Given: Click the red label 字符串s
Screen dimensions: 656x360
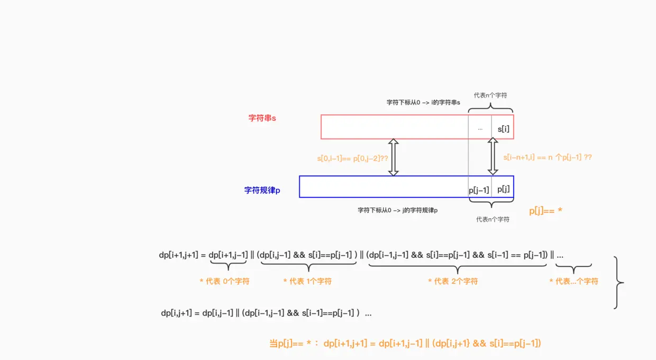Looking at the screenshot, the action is coord(262,118).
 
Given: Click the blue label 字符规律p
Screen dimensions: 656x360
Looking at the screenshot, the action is coord(262,190).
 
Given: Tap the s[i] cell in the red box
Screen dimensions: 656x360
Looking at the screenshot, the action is coord(504,129).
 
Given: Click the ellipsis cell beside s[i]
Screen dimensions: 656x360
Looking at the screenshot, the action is coord(480,129).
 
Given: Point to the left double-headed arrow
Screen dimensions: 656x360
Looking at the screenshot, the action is coord(393,157).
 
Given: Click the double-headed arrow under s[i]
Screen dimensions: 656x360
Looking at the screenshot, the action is coord(493,157).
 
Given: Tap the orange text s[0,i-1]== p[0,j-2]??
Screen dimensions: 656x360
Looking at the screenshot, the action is coord(352,158).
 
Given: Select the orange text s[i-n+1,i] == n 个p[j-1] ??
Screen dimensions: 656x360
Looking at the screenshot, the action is coord(548,157).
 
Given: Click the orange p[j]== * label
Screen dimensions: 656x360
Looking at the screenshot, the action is coord(545,211).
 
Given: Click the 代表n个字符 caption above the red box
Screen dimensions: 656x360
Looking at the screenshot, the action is coord(490,95).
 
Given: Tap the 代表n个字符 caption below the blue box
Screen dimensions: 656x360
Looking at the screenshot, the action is coord(493,219).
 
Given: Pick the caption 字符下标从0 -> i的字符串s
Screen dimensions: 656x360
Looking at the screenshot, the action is coord(423,103).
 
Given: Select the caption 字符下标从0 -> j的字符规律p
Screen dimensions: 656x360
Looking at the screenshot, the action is coord(398,210).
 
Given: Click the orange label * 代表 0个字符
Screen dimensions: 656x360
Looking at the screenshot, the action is coord(224,281).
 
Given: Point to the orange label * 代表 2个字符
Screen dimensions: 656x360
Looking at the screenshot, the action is coord(453,281).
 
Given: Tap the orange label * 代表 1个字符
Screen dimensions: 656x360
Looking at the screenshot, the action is coord(307,281).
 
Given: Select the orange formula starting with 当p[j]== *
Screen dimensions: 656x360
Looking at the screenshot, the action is coord(405,344).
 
